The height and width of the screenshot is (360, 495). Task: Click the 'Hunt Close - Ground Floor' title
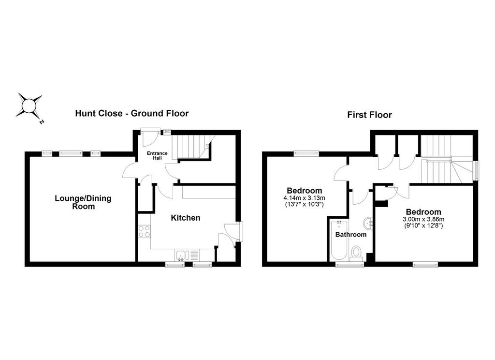click(x=131, y=113)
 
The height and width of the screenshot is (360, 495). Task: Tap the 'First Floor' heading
click(x=369, y=115)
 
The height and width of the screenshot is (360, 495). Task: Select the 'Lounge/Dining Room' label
click(x=83, y=202)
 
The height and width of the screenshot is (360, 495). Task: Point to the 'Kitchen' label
click(x=185, y=218)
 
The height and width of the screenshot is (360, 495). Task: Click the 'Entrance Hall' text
click(x=157, y=155)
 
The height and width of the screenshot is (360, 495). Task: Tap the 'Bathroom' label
click(x=351, y=235)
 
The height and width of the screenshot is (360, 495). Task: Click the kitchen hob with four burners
click(x=144, y=231)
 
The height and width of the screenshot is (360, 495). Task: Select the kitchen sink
click(x=181, y=255)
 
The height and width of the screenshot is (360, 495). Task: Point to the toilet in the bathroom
click(x=356, y=254)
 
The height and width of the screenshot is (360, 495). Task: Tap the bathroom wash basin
click(x=368, y=224)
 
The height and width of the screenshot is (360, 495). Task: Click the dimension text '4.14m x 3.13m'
click(x=304, y=198)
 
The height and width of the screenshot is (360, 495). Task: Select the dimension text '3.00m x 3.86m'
click(x=423, y=219)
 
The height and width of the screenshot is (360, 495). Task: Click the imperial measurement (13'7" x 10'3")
click(x=305, y=204)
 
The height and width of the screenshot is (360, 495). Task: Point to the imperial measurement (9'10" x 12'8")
click(x=423, y=225)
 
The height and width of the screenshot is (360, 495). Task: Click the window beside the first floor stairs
click(x=476, y=171)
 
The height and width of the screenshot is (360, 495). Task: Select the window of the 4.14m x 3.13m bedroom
click(x=306, y=153)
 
